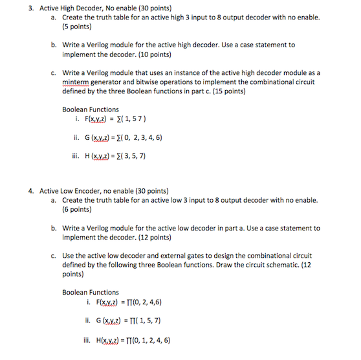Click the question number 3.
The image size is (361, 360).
tap(30, 8)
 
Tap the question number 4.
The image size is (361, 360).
tap(30, 192)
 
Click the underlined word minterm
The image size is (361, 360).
tap(77, 83)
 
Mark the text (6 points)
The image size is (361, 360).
tap(77, 210)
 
